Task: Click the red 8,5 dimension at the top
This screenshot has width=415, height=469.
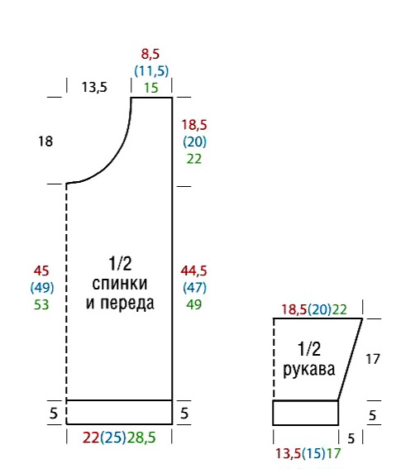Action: point(150,54)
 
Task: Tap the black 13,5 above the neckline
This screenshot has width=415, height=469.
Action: point(94,88)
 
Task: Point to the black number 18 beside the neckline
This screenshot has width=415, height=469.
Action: point(45,141)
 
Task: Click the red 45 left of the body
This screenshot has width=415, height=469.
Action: point(41,270)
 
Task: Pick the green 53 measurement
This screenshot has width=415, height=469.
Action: point(41,304)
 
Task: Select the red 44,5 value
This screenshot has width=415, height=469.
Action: point(193,270)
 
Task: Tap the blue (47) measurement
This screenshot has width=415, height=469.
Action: point(194,288)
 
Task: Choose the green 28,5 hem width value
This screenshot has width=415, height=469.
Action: point(141,438)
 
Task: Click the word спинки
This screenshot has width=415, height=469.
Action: point(120,284)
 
